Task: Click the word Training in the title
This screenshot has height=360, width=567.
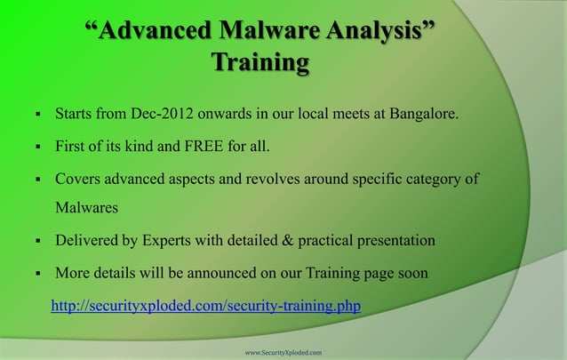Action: [260, 63]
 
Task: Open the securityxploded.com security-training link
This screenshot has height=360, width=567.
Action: [206, 307]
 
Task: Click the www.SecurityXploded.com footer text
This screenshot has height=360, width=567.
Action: [283, 352]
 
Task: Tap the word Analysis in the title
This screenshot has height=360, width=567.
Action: [386, 32]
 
